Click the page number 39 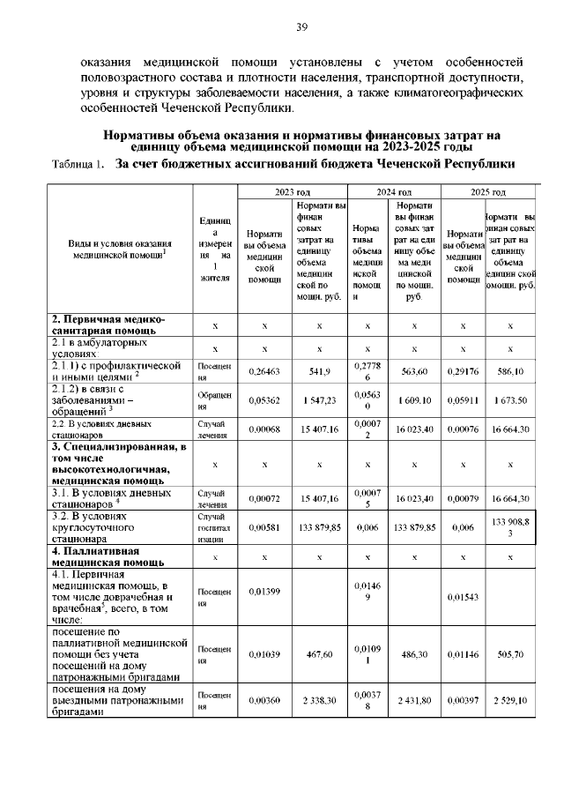point(301,27)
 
